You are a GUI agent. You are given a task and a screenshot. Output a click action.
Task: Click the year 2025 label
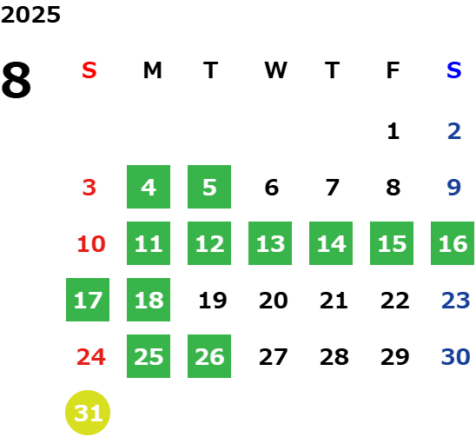click(x=30, y=15)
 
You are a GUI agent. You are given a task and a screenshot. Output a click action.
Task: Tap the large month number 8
click(x=17, y=80)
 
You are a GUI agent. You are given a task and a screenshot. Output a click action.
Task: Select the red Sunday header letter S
click(x=89, y=70)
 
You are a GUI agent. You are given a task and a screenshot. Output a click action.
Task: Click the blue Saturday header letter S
click(x=454, y=70)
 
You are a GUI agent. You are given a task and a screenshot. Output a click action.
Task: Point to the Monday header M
click(x=152, y=70)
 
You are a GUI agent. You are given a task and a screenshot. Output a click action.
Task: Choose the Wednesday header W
click(x=275, y=70)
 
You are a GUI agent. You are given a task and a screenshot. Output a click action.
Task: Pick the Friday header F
click(x=393, y=70)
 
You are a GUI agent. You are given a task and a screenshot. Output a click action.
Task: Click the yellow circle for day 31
click(x=88, y=413)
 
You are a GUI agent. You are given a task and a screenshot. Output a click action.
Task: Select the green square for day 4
click(x=149, y=187)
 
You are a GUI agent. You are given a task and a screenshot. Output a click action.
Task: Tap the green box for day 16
click(x=453, y=243)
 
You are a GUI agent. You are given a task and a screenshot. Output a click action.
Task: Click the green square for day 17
click(x=88, y=300)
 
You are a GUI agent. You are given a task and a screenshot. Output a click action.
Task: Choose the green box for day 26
click(x=209, y=356)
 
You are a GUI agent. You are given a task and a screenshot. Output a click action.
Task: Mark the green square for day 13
click(x=270, y=243)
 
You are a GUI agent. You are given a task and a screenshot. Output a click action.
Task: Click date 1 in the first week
click(x=393, y=131)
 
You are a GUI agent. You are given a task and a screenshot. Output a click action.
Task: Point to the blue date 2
click(x=454, y=131)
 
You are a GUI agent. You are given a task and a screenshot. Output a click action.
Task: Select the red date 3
click(x=89, y=188)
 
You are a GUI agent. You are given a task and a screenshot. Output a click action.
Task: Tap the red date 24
click(x=91, y=357)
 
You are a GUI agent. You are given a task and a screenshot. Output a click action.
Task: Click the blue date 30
click(x=456, y=357)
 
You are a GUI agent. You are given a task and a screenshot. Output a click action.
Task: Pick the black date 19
click(x=213, y=301)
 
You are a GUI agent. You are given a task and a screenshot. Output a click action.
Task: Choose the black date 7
click(x=333, y=188)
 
